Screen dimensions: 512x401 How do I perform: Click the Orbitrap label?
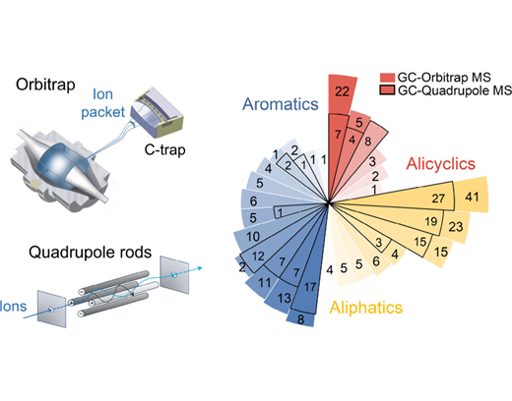45,85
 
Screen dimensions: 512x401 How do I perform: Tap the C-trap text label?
165,149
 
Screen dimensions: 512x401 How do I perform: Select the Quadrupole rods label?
91,253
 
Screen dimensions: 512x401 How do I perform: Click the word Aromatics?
281,104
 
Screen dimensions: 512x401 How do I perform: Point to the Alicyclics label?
441,164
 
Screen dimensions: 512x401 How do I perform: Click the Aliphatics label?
366,308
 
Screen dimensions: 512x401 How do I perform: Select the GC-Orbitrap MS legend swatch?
387,78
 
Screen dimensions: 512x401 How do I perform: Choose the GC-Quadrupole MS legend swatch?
387,90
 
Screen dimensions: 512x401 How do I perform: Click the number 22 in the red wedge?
342,91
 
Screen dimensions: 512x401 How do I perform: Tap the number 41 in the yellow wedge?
472,197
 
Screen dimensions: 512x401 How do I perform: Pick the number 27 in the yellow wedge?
438,198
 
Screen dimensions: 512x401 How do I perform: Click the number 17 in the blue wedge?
310,287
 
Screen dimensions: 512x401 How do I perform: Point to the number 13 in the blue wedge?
284,298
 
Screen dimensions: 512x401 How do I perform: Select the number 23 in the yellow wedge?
456,226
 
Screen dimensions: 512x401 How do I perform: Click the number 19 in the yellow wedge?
431,221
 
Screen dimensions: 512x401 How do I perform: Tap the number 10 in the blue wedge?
253,236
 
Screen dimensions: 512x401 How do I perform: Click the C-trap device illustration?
157,112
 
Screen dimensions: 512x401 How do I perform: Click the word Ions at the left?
13,306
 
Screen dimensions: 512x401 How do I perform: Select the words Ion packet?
102,103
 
